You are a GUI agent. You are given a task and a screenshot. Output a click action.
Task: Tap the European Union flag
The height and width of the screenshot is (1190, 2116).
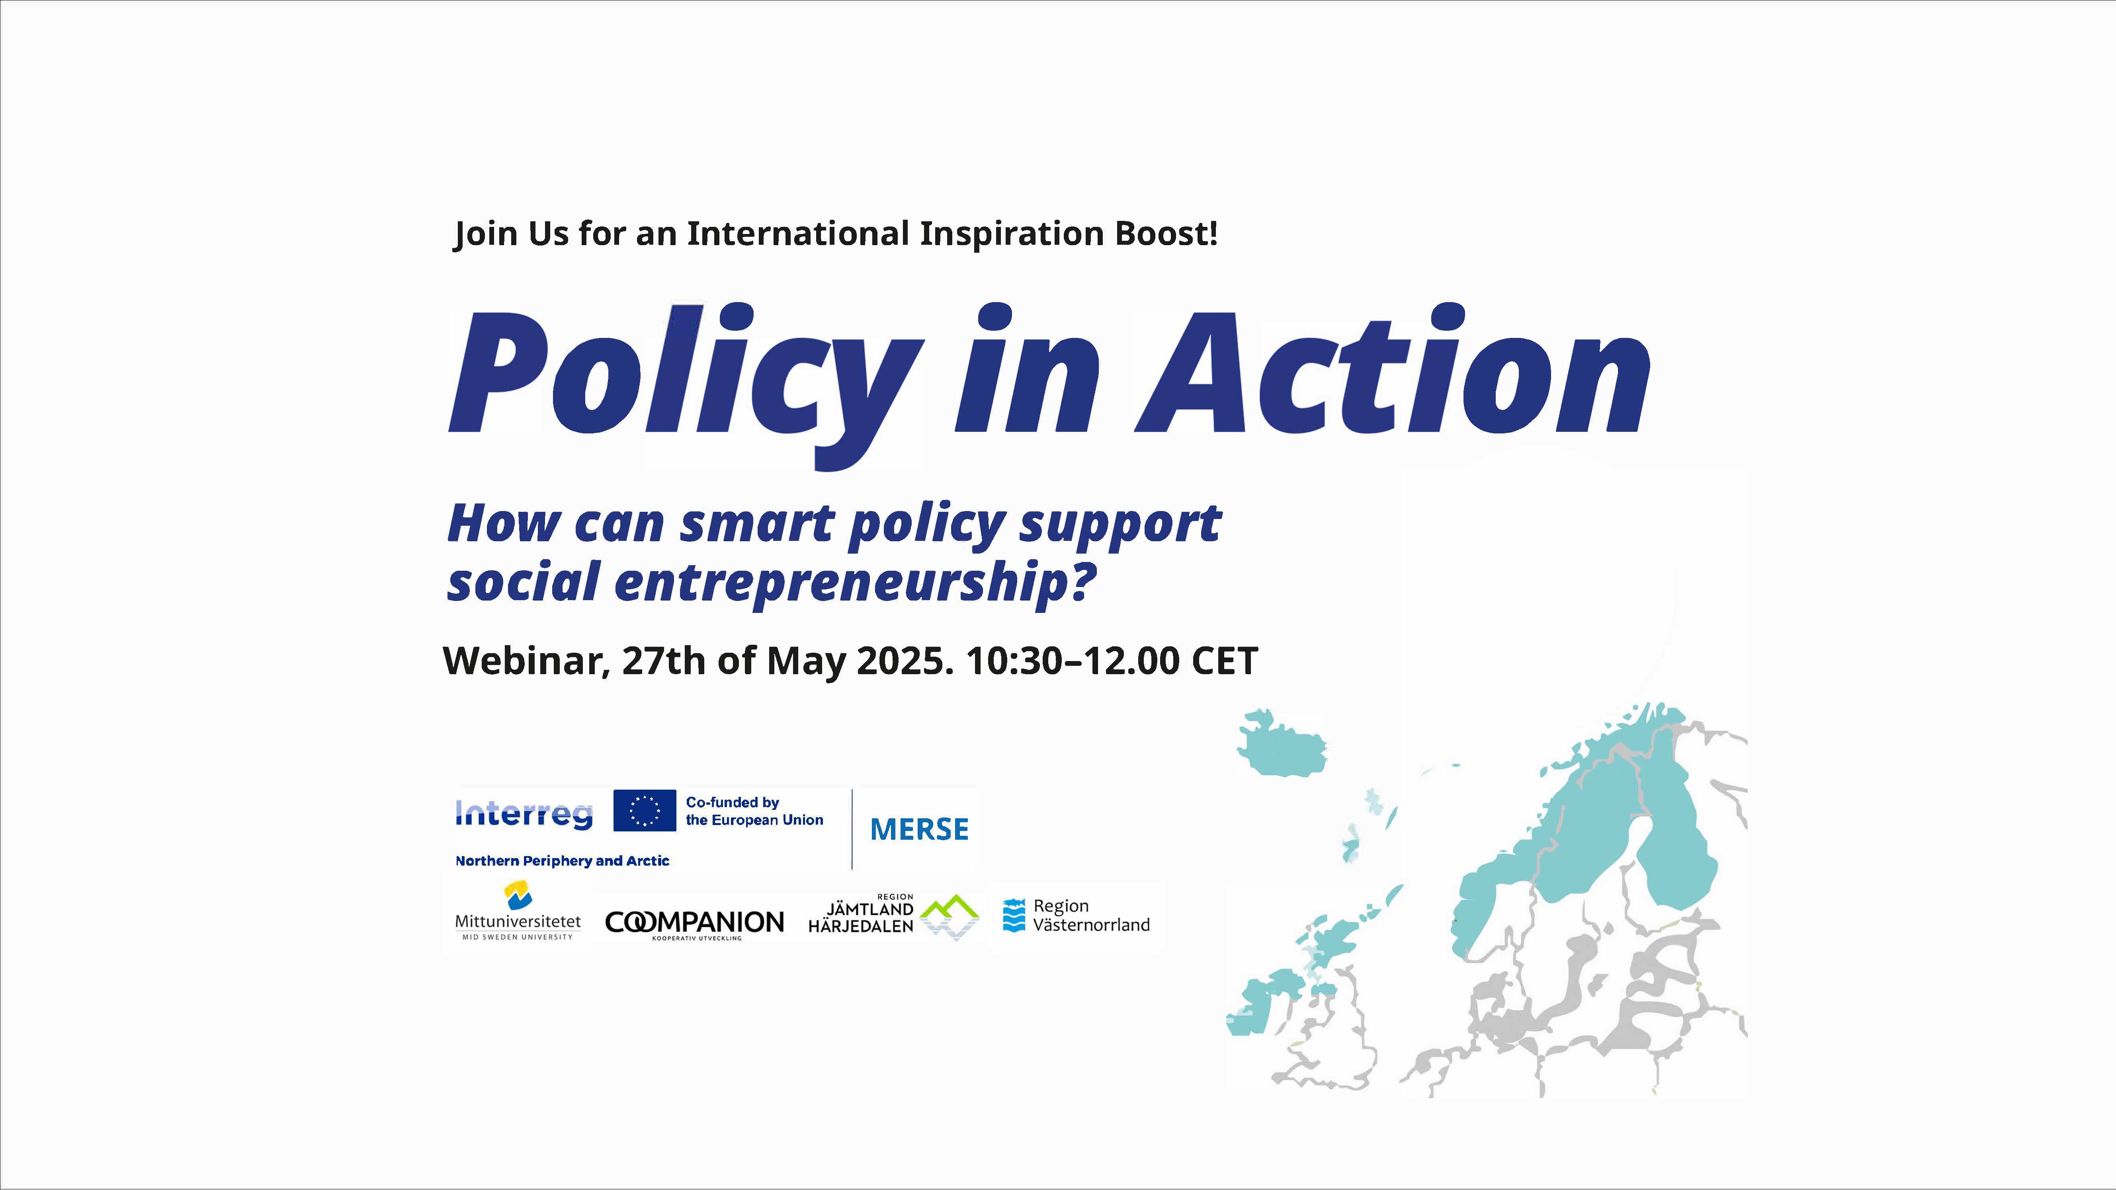pyautogui.click(x=645, y=811)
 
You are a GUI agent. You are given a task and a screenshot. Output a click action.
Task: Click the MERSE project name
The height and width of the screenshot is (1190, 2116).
pyautogui.click(x=919, y=829)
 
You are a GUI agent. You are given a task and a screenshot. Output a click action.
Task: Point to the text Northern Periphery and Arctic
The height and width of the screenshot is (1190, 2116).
pyautogui.click(x=563, y=861)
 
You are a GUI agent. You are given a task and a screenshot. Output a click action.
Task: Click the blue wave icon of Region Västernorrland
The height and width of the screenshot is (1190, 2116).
pyautogui.click(x=1014, y=916)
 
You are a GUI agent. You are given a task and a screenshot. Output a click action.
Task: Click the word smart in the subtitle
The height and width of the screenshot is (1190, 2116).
pyautogui.click(x=757, y=524)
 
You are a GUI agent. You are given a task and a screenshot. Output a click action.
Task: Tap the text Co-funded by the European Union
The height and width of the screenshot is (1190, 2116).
pyautogui.click(x=754, y=811)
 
